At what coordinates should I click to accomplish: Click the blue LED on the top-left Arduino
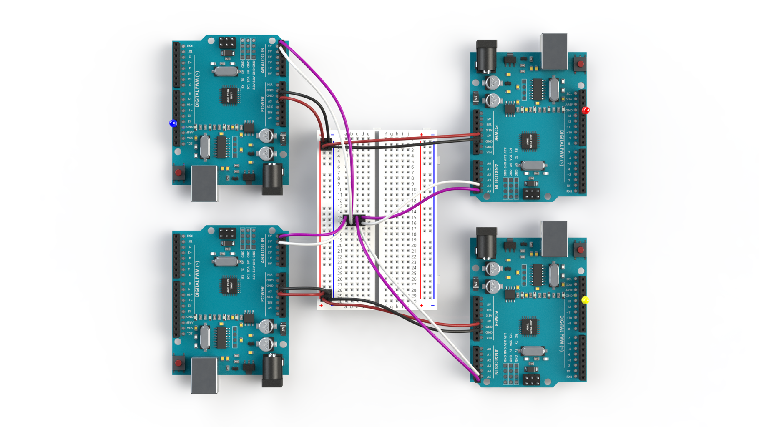pyautogui.click(x=173, y=123)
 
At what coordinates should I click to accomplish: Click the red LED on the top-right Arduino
pyautogui.click(x=586, y=111)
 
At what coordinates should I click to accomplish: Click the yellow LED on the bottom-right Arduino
pyautogui.click(x=585, y=300)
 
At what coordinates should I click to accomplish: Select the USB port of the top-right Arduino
pyautogui.click(x=554, y=51)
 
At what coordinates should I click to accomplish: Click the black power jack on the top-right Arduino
pyautogui.click(x=487, y=55)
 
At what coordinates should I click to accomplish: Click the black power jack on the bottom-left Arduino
pyautogui.click(x=272, y=369)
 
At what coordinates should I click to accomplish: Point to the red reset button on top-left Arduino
pyautogui.click(x=178, y=172)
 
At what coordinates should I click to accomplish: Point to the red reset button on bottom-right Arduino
pyautogui.click(x=580, y=250)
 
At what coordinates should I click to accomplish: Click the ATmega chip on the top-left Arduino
pyautogui.click(x=229, y=95)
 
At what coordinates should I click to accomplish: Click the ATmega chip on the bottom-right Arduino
pyautogui.click(x=530, y=327)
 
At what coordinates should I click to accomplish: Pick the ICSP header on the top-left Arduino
pyautogui.click(x=227, y=43)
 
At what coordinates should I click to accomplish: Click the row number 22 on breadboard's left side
pyautogui.click(x=340, y=256)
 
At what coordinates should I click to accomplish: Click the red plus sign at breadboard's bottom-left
pyautogui.click(x=321, y=306)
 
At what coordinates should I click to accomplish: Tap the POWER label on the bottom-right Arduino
pyautogui.click(x=496, y=319)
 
